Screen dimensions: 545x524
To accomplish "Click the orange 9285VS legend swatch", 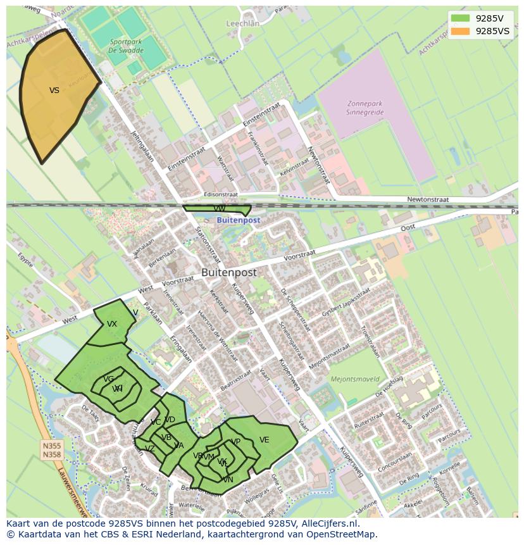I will [x=461, y=31].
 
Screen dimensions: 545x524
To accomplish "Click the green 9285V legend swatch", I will [x=461, y=18].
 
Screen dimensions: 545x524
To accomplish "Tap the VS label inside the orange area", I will [x=54, y=91].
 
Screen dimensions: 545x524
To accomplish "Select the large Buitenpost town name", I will [x=229, y=272].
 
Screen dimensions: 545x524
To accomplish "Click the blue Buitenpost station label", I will [x=239, y=220].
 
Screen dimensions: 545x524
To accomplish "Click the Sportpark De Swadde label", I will [x=125, y=45].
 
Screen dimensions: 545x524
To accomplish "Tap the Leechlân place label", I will [x=243, y=23].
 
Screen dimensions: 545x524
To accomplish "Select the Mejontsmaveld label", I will [x=355, y=379].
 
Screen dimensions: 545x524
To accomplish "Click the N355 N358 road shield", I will [x=52, y=450].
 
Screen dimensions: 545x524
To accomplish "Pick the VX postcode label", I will [x=112, y=324].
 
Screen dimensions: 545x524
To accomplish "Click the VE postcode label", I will [x=264, y=440].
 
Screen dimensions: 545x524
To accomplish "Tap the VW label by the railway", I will [x=219, y=208].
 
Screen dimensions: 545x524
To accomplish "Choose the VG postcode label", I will [x=109, y=379].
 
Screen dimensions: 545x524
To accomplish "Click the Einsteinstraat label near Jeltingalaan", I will [x=187, y=159].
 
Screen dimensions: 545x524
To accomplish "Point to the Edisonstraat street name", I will [x=221, y=195].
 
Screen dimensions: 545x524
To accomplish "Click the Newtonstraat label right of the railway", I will [x=428, y=199].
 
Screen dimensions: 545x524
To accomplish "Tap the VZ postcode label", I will [x=149, y=449].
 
